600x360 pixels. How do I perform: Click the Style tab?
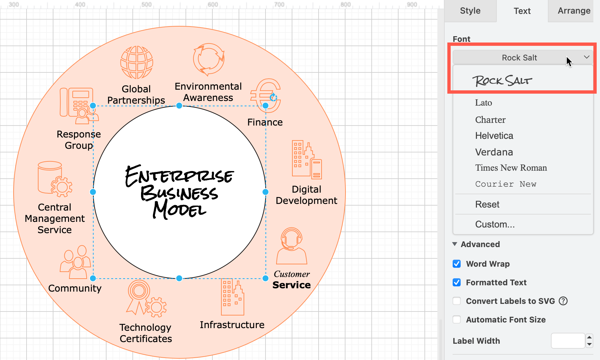point(470,11)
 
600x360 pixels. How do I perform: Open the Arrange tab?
point(574,11)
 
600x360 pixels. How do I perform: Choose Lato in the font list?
point(484,103)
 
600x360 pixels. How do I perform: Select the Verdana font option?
point(494,152)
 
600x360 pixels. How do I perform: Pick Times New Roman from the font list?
point(511,168)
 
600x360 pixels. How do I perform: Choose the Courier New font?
point(506,184)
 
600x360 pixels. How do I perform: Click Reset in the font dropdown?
point(487,204)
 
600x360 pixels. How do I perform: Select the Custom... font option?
point(495,224)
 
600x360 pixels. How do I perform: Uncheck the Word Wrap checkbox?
point(457,264)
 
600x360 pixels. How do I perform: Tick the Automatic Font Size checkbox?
point(457,319)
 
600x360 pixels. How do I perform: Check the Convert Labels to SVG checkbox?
point(457,301)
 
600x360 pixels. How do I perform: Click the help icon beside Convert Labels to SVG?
point(563,301)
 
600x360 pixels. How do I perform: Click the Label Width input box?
point(568,341)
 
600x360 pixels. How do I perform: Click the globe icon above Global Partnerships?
point(137,62)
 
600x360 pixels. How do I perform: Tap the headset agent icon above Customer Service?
point(292,246)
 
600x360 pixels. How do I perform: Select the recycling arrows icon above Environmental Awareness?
point(209,60)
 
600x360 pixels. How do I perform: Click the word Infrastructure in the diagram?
point(232,325)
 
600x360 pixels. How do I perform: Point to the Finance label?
point(265,122)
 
